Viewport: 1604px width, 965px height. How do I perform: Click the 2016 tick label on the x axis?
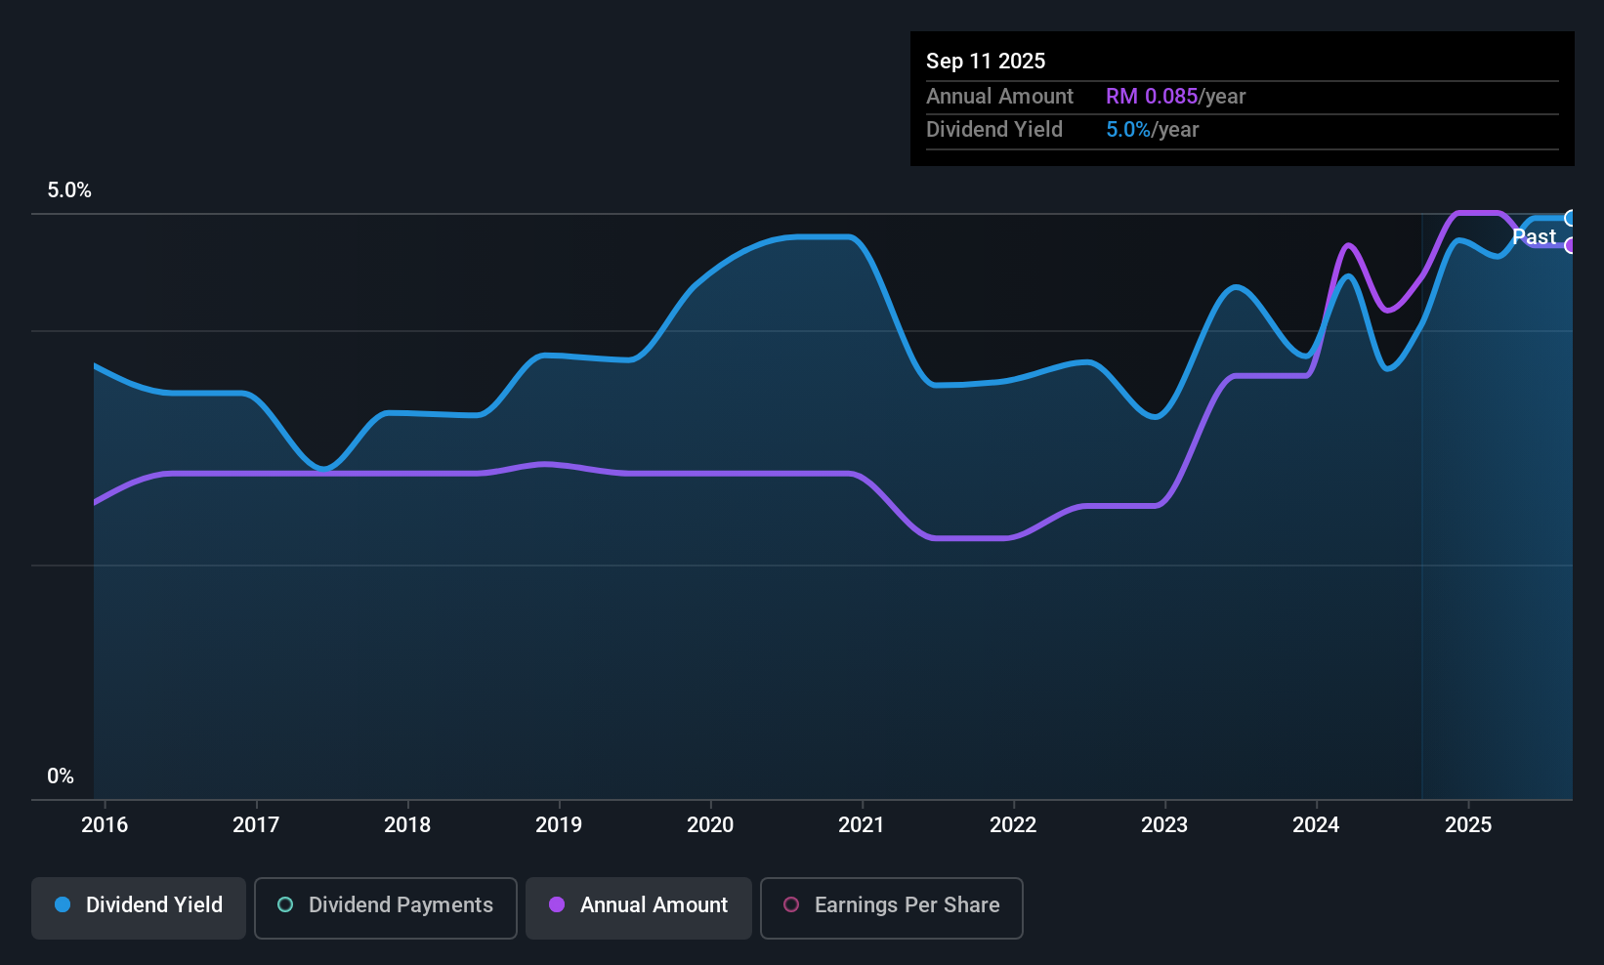(105, 824)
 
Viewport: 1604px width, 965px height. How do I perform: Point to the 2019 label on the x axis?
(559, 824)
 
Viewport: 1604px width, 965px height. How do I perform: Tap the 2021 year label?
(862, 824)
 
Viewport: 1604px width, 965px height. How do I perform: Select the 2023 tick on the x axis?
(1164, 824)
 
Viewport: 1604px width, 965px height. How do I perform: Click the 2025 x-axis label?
(1467, 824)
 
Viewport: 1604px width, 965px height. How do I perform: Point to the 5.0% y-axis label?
(69, 190)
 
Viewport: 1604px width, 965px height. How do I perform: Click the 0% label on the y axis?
(61, 776)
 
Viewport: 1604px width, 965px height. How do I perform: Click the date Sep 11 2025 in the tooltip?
(986, 61)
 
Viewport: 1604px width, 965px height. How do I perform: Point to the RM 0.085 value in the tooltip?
(1152, 96)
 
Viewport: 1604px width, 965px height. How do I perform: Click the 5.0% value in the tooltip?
(1127, 129)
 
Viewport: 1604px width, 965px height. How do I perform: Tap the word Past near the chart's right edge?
(1534, 236)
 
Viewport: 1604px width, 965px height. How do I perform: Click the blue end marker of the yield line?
(1570, 218)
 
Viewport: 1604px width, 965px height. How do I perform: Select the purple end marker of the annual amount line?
(1570, 245)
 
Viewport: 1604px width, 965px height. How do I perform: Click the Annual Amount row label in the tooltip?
(999, 96)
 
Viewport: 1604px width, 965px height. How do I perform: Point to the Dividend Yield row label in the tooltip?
(994, 129)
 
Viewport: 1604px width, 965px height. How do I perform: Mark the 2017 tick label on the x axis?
(256, 824)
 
